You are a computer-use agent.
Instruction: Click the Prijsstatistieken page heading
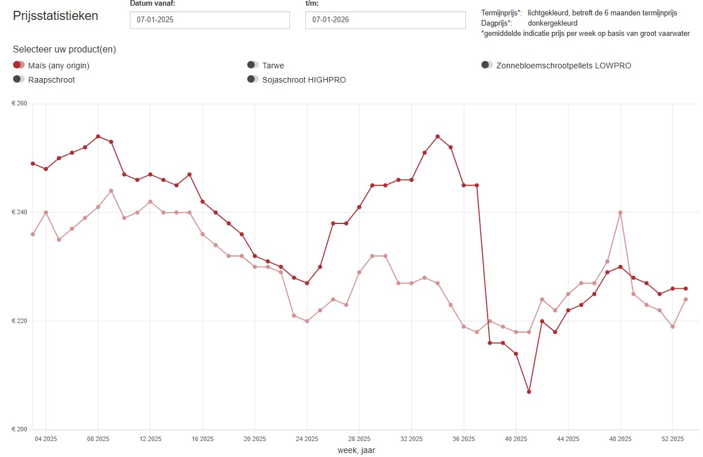tap(55, 16)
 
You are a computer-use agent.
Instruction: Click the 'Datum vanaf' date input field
tap(210, 20)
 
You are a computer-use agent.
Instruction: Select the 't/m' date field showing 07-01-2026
tap(385, 20)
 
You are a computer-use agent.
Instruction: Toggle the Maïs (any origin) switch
tap(19, 65)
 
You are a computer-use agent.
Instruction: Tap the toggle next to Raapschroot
tap(19, 79)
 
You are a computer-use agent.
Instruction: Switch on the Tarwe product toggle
tap(253, 65)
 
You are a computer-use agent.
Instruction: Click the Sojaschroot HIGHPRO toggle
tap(253, 79)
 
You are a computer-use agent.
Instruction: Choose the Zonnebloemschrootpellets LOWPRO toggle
tap(487, 65)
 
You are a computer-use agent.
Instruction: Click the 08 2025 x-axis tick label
tap(98, 439)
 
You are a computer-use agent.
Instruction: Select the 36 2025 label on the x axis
tap(464, 439)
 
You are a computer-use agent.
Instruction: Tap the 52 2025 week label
tap(672, 439)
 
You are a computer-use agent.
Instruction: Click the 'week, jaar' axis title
tap(356, 450)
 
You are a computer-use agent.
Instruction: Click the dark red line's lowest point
tap(529, 391)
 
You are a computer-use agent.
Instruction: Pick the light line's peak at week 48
tap(620, 213)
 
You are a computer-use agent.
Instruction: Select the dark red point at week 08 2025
tap(98, 136)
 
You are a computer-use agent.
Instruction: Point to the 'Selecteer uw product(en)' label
tap(64, 50)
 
